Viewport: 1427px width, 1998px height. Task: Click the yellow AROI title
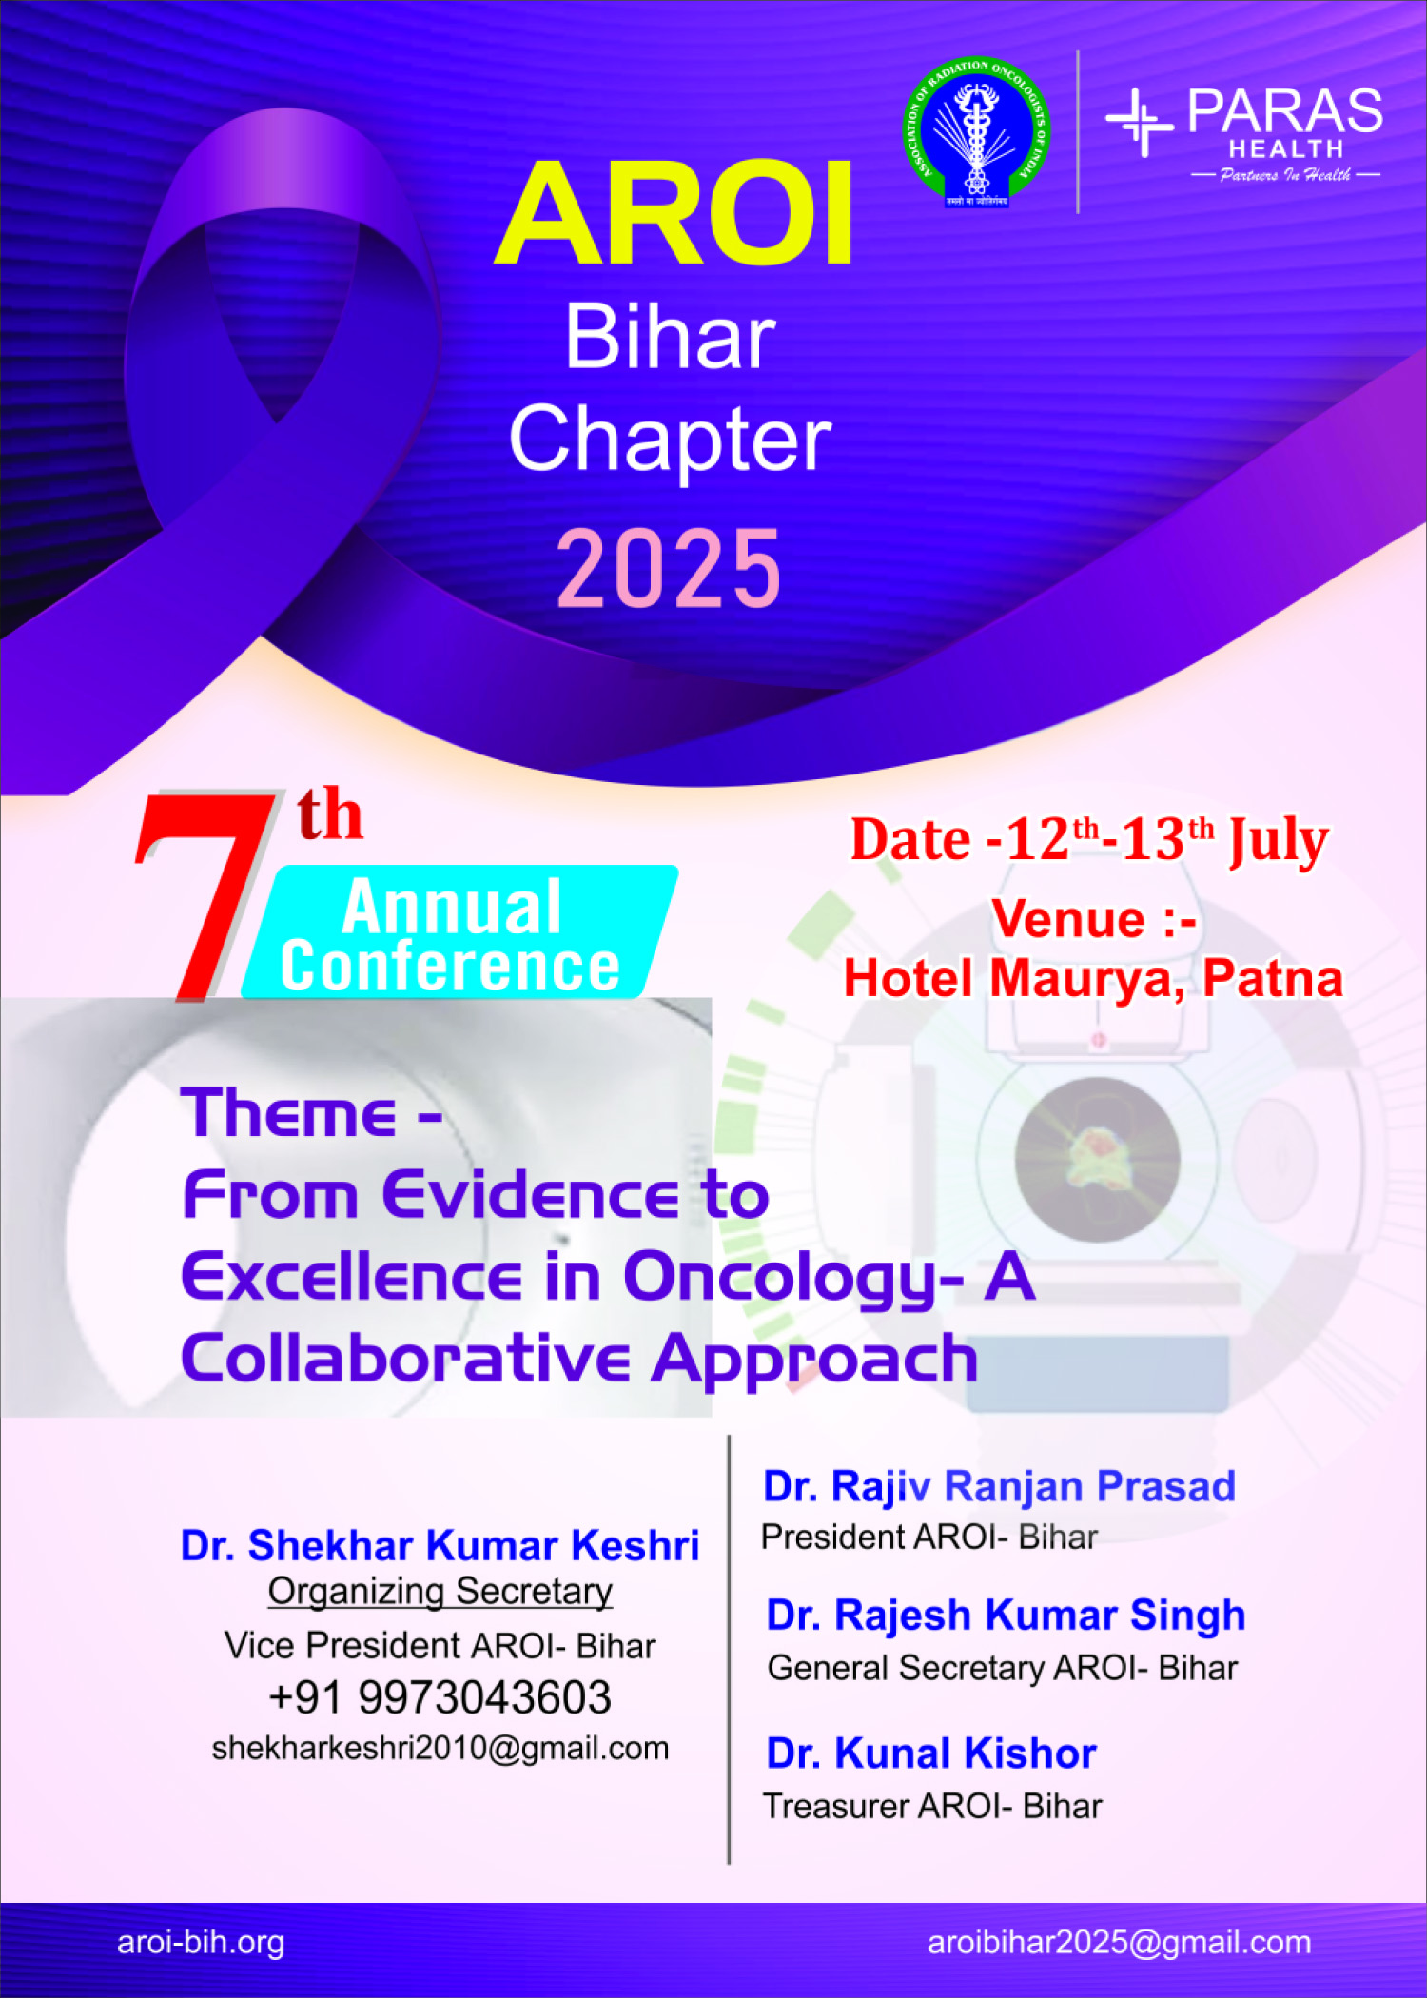coord(673,213)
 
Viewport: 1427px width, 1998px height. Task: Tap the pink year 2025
coord(669,568)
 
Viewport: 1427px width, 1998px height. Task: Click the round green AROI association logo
coord(975,132)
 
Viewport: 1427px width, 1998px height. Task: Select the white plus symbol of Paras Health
coord(1140,122)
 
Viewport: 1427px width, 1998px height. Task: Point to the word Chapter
coord(670,439)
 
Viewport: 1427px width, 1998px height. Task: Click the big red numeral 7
coord(205,894)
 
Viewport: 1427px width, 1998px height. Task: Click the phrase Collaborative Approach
coord(579,1358)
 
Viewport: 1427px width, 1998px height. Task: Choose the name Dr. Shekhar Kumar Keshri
coord(440,1546)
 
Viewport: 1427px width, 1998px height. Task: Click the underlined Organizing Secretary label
coord(440,1592)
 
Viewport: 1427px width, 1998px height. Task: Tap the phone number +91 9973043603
coord(440,1697)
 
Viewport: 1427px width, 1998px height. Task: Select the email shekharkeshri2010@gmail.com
coord(440,1749)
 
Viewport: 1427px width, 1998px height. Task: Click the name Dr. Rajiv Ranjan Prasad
coord(999,1487)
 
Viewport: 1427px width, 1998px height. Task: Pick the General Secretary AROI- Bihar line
coord(1003,1668)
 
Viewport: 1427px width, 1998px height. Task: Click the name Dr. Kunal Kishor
coord(931,1753)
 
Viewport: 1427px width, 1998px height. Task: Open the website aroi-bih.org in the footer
coord(201,1943)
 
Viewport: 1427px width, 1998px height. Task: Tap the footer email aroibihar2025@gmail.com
coord(1120,1943)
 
